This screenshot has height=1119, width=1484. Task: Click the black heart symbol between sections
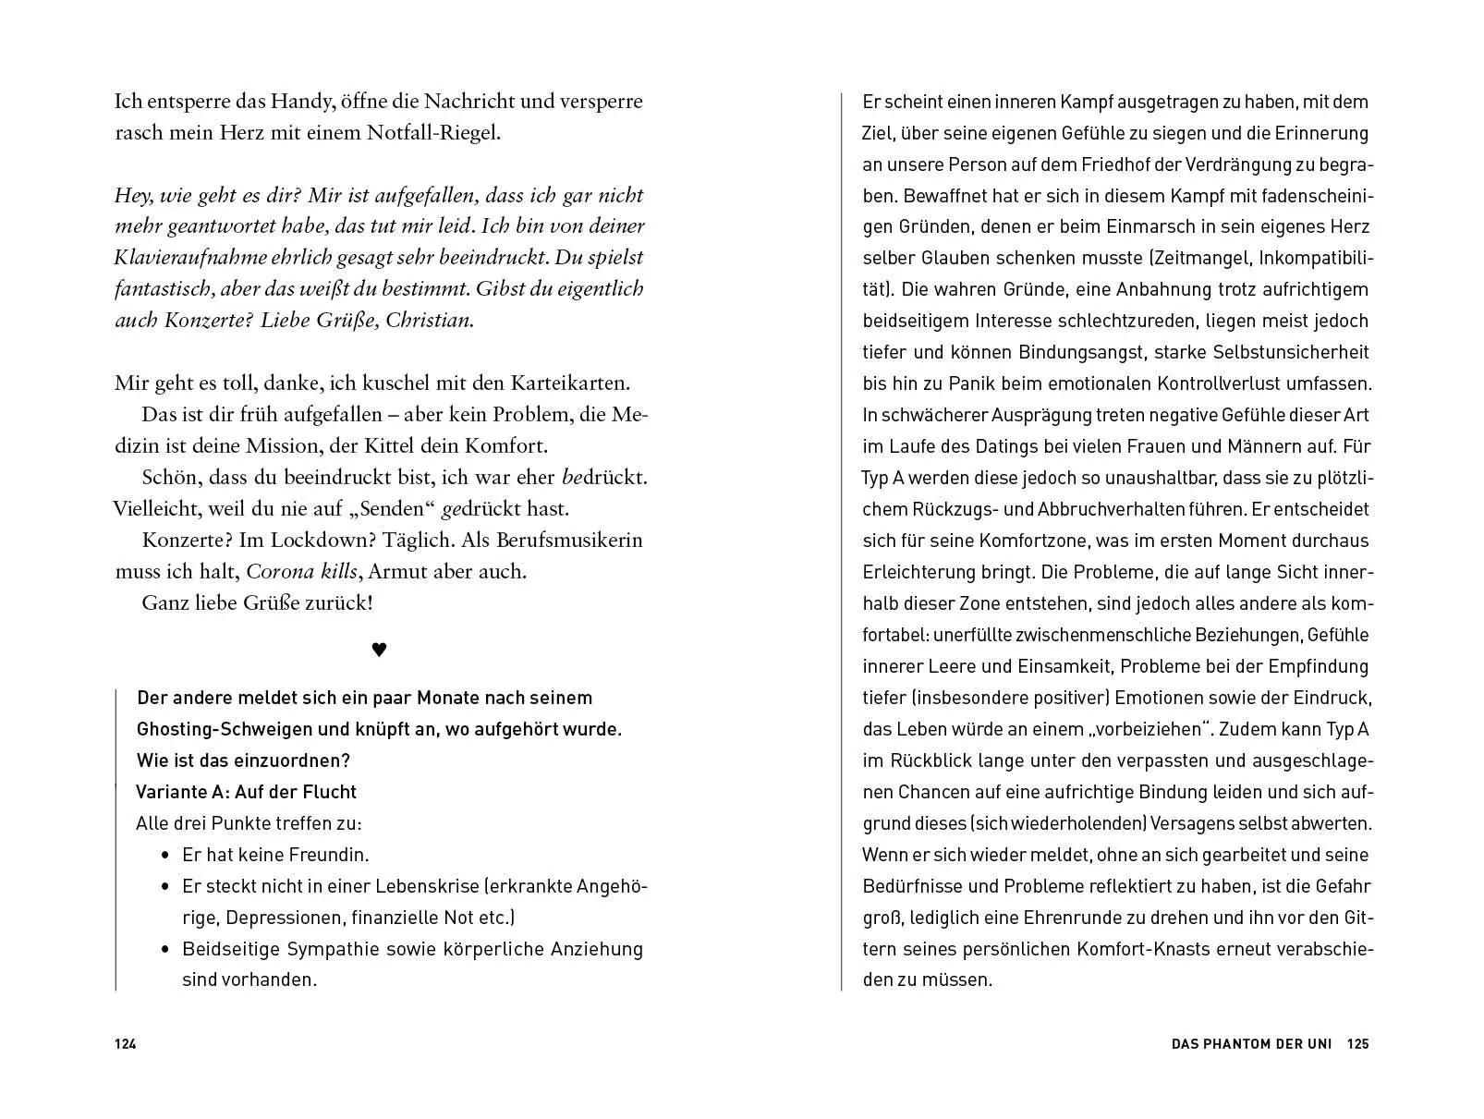tap(379, 650)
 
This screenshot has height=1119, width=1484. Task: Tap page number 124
tap(126, 1044)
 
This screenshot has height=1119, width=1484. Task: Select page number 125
tap(1357, 1044)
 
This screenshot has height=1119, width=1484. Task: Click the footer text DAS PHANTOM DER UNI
tap(1251, 1044)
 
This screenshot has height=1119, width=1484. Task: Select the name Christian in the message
tap(429, 321)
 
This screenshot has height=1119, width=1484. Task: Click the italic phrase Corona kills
tap(294, 571)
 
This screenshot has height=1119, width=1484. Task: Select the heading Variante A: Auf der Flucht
tap(246, 792)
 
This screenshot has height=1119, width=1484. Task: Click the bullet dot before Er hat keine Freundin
tap(165, 855)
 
